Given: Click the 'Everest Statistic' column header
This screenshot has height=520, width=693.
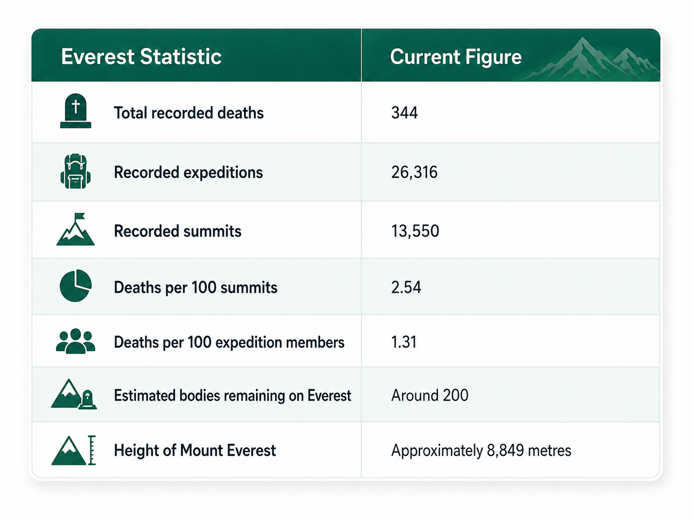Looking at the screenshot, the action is (141, 57).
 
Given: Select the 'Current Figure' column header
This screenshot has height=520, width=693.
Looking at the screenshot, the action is (456, 57).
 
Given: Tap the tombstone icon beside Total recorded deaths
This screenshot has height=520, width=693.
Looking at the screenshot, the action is (76, 111).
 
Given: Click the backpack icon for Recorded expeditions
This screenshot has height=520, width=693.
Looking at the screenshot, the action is (76, 171).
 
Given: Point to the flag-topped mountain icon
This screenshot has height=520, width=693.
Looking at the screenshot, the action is (76, 229).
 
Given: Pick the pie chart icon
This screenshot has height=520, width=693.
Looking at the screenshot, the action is (76, 286).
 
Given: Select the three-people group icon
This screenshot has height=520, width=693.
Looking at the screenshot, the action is (76, 341).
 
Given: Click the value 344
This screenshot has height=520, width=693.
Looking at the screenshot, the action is (404, 113).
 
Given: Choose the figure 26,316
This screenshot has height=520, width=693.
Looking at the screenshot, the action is (414, 172).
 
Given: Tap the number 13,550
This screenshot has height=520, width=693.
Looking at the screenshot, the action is (415, 231).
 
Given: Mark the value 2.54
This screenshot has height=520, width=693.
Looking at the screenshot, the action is (406, 287).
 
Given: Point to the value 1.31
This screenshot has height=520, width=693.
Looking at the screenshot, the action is (404, 342).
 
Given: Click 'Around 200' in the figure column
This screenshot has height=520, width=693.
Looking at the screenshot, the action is (430, 396).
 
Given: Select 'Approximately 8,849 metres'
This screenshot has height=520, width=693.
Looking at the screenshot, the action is (481, 451).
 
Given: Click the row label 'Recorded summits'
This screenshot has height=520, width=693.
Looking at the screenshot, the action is (178, 231).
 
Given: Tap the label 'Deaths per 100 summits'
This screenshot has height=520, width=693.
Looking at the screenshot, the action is (195, 288).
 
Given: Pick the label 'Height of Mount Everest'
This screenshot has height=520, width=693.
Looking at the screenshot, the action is (195, 450).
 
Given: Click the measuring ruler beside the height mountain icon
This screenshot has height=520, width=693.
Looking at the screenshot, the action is (92, 450).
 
